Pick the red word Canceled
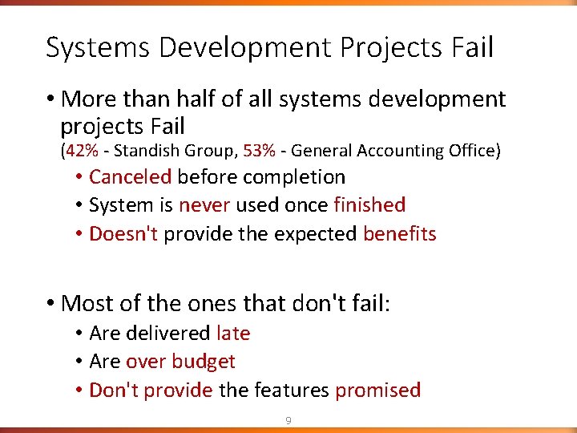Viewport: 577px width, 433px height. [x=130, y=176]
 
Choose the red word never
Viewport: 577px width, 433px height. [x=204, y=205]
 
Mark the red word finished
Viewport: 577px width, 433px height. [x=369, y=205]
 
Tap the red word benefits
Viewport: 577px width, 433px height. [x=399, y=234]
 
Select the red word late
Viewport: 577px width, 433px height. [x=233, y=333]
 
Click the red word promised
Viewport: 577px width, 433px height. [x=377, y=391]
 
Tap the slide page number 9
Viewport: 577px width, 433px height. [x=289, y=420]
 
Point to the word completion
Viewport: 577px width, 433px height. [x=296, y=177]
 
